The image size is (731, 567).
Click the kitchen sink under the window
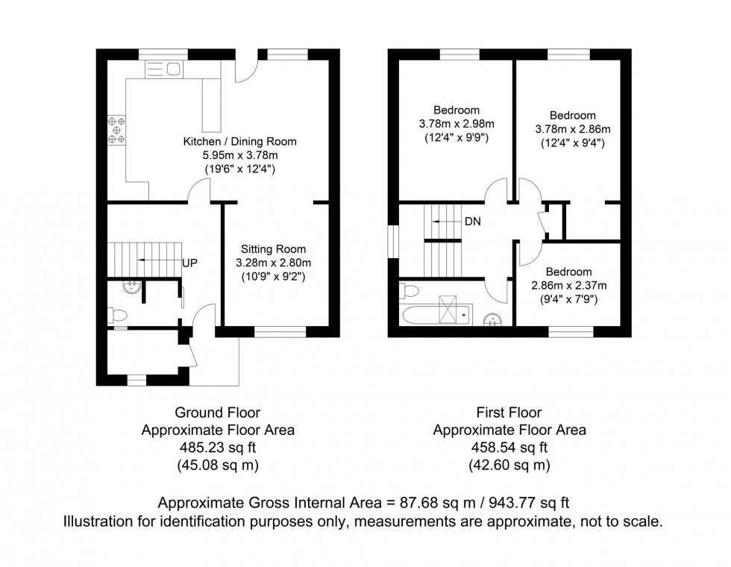click(163, 69)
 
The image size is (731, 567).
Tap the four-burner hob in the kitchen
click(116, 128)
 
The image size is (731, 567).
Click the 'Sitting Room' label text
click(273, 248)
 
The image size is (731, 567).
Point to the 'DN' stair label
click(472, 222)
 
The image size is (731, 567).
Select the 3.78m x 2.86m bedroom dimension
click(573, 129)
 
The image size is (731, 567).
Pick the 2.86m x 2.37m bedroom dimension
click(568, 286)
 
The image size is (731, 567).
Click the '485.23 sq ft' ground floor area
click(217, 448)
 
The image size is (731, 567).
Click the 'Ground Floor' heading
click(217, 412)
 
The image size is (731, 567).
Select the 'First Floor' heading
click(509, 412)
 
